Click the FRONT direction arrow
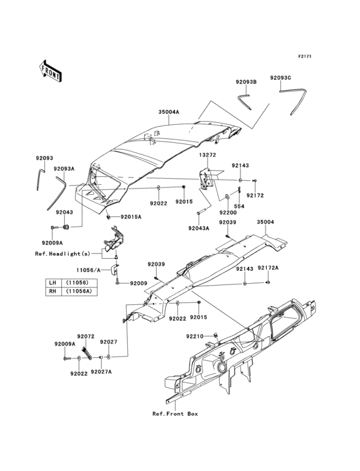(50, 71)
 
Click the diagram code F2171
(305, 56)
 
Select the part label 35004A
(168, 112)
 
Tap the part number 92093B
(246, 82)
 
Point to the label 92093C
(280, 77)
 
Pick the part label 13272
(207, 155)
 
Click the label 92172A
(268, 268)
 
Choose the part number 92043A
(199, 228)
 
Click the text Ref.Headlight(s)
(62, 254)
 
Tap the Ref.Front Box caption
(175, 414)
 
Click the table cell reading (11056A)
(79, 291)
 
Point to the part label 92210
(195, 336)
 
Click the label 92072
(85, 336)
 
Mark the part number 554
(239, 207)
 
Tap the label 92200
(228, 213)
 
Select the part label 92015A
(130, 217)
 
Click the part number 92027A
(101, 372)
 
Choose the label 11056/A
(88, 270)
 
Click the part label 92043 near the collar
(64, 212)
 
